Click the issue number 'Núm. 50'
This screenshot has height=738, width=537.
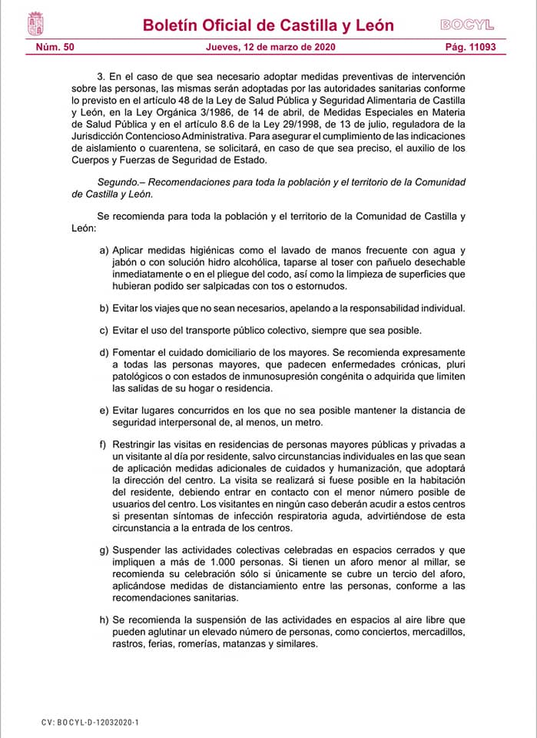[55, 48]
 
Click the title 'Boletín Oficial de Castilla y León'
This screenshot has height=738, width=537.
[268, 25]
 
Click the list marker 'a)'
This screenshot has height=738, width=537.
[104, 251]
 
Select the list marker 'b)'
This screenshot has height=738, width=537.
[104, 308]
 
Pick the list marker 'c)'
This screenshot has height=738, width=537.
[104, 331]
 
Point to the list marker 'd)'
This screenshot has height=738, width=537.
[104, 354]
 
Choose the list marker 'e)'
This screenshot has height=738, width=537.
[104, 411]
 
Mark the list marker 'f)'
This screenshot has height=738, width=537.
[104, 445]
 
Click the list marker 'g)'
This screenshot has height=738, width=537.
[104, 550]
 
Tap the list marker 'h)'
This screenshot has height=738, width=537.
[104, 620]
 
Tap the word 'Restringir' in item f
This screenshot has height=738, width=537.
[136, 445]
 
